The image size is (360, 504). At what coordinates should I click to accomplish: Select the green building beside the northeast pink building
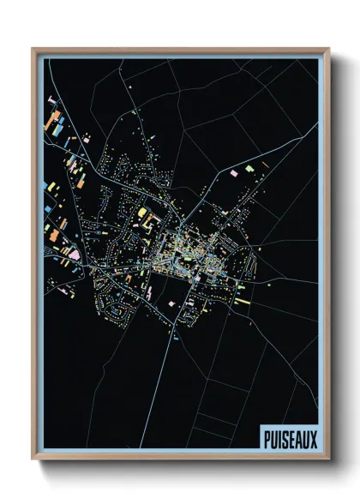[x=249, y=171]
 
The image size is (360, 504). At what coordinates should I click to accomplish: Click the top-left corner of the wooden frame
[x=33, y=49]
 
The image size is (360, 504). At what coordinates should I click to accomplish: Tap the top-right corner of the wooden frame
[x=328, y=49]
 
